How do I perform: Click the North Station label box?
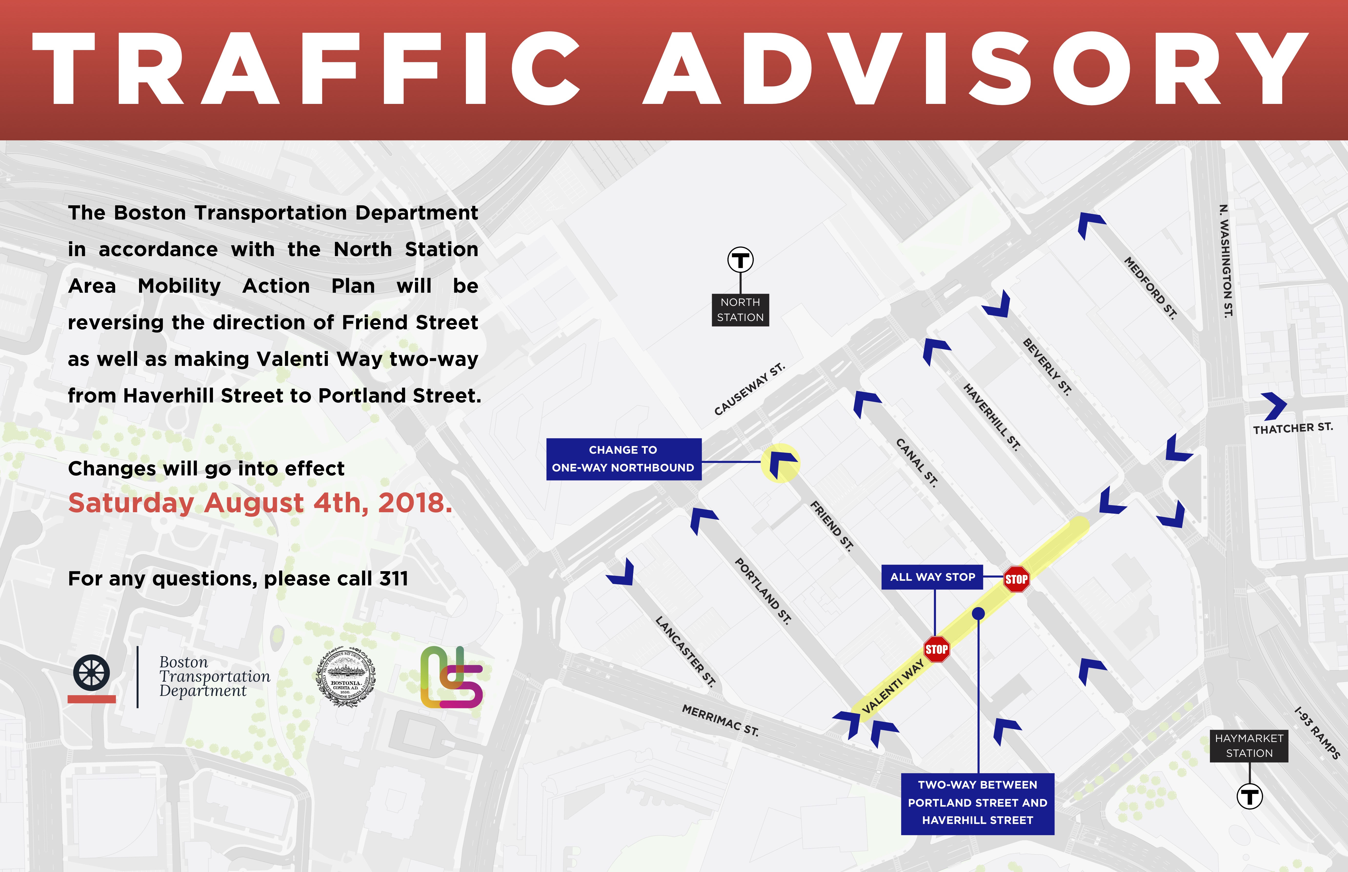pos(740,310)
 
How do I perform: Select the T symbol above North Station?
pos(740,261)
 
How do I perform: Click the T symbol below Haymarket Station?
pos(1249,797)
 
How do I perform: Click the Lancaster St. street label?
pos(685,651)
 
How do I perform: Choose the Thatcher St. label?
pos(1293,428)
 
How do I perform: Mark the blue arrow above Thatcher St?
pos(1274,405)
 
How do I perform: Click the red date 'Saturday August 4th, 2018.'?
pos(260,503)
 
